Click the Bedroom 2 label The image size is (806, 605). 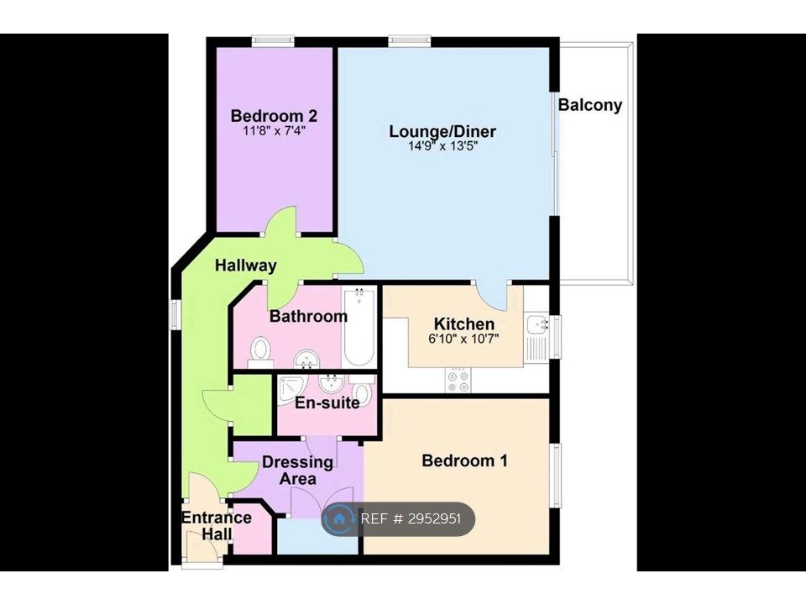[x=274, y=115]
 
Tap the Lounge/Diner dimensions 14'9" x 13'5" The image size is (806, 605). [x=442, y=146]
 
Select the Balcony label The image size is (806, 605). [x=590, y=105]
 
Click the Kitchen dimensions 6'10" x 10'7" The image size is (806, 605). [x=463, y=339]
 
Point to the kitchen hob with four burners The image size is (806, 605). [x=458, y=381]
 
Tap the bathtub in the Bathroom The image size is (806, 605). [x=359, y=327]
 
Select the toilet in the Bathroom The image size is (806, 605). [x=260, y=352]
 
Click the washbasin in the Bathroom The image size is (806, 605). [x=307, y=359]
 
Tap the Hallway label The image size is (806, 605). [x=246, y=266]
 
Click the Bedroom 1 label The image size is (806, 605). [x=464, y=460]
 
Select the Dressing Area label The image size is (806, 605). [x=297, y=471]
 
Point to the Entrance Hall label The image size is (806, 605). [x=217, y=525]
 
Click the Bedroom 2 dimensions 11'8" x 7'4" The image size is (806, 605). [x=274, y=131]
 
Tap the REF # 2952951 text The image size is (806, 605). [x=411, y=518]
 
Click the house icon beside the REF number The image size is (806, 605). [x=339, y=518]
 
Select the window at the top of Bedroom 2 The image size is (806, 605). [x=273, y=40]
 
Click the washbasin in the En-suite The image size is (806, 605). [x=331, y=384]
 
